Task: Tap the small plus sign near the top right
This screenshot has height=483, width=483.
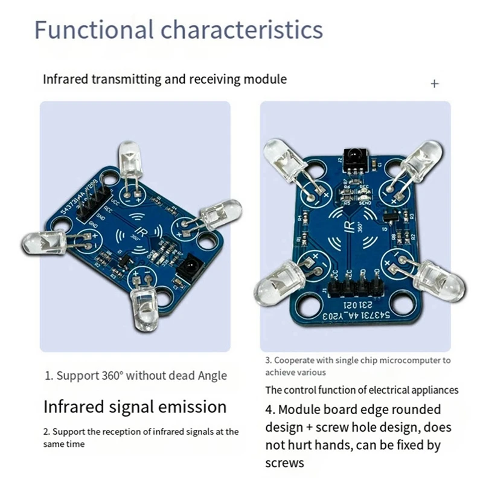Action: [x=434, y=83]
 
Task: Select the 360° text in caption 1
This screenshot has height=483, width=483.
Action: [x=109, y=376]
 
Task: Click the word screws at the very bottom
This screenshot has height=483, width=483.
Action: [x=284, y=463]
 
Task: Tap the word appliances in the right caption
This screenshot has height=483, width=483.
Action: [x=430, y=389]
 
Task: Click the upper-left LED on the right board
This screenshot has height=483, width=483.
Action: [x=283, y=159]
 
